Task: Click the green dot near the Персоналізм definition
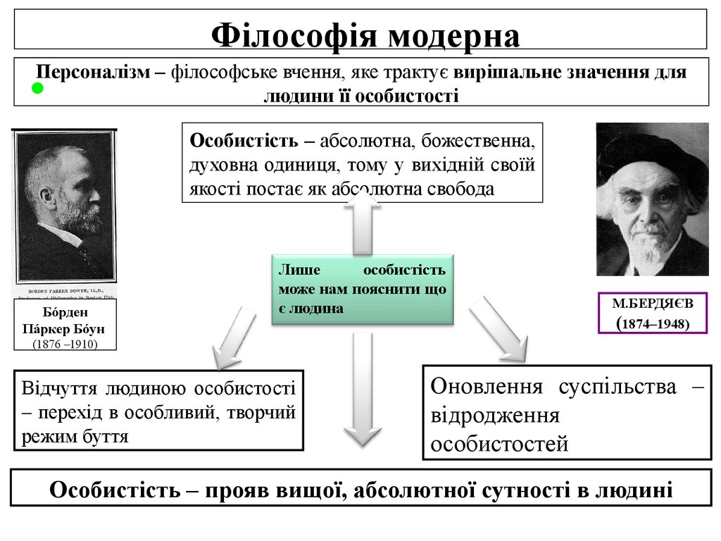click(x=37, y=89)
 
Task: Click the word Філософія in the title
click(x=291, y=35)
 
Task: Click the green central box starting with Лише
click(x=362, y=290)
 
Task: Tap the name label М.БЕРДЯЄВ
click(x=652, y=304)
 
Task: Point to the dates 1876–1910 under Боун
click(x=65, y=344)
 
